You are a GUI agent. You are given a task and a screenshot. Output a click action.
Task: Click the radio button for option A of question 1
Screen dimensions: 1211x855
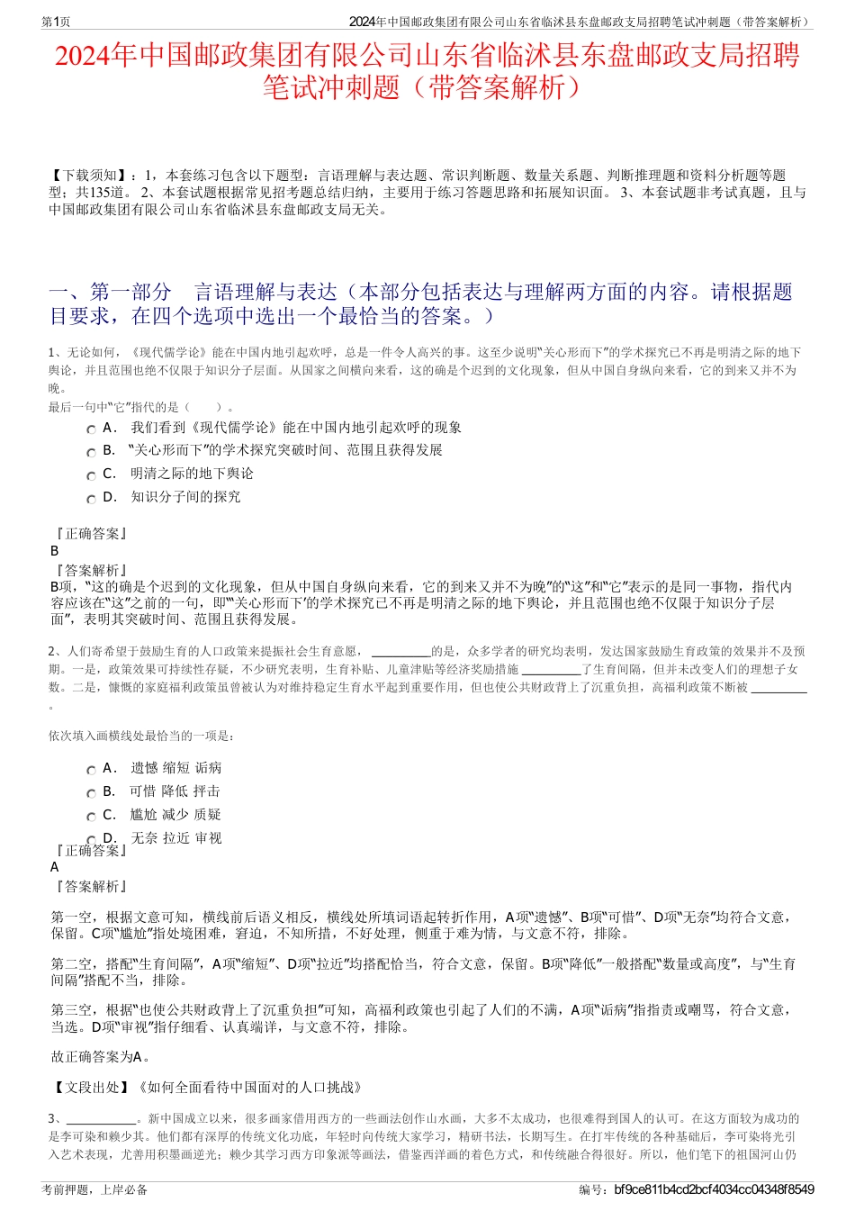coord(91,429)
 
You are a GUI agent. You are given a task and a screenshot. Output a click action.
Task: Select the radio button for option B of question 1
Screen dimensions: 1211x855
coord(91,452)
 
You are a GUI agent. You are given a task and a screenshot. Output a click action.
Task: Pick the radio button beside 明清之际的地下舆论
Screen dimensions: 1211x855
coord(91,475)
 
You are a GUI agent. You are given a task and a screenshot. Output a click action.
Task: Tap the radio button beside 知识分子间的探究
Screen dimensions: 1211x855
coord(91,499)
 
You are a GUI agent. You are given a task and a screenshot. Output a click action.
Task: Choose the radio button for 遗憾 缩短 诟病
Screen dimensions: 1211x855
coord(91,770)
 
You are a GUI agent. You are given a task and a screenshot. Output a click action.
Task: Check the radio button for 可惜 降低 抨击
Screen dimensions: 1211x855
coord(91,793)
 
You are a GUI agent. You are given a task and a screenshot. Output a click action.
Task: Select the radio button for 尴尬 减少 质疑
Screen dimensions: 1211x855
coord(91,817)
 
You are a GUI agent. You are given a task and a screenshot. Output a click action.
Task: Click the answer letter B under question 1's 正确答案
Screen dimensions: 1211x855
coord(55,551)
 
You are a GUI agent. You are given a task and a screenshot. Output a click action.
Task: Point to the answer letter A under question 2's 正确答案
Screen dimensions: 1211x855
coord(55,867)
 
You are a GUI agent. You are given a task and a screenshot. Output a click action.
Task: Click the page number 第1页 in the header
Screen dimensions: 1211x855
coord(57,22)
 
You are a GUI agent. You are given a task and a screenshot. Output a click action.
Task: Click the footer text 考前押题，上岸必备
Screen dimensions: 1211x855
coord(94,1189)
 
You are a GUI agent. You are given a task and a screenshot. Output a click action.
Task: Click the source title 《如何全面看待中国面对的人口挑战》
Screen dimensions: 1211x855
coord(249,1087)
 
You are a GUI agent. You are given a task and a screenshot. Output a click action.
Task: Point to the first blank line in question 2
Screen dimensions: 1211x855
coord(400,652)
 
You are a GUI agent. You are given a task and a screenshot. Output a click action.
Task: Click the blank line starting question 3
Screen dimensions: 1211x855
coord(100,1119)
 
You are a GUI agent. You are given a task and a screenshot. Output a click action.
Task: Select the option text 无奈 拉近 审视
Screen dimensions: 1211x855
coord(176,838)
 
